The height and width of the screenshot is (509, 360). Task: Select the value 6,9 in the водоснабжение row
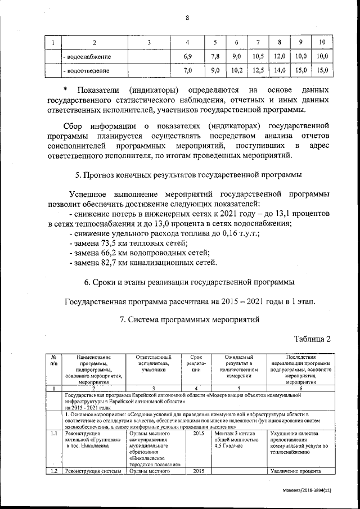click(x=188, y=57)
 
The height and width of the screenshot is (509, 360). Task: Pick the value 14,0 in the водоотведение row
click(x=280, y=71)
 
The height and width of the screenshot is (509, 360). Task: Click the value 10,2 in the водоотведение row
click(x=237, y=71)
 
